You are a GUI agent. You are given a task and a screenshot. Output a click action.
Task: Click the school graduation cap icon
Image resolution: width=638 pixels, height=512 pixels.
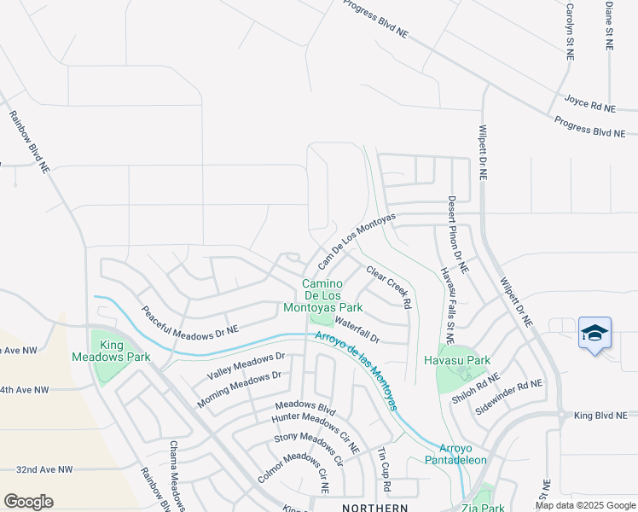click(x=594, y=333)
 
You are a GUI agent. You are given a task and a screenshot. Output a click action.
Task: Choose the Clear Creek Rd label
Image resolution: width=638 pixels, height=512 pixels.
click(x=390, y=287)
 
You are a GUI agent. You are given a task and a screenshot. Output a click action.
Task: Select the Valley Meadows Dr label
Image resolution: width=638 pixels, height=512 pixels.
click(x=246, y=366)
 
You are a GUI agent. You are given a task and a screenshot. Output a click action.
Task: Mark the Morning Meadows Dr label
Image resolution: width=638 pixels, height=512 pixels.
click(x=239, y=388)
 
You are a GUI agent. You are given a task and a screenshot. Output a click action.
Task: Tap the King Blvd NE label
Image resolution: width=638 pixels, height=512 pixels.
click(x=605, y=416)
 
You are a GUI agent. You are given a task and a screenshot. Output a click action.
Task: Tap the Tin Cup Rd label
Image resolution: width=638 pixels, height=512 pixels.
click(x=384, y=468)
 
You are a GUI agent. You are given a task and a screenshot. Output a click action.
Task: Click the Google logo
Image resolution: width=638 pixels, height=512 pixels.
click(x=28, y=502)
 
